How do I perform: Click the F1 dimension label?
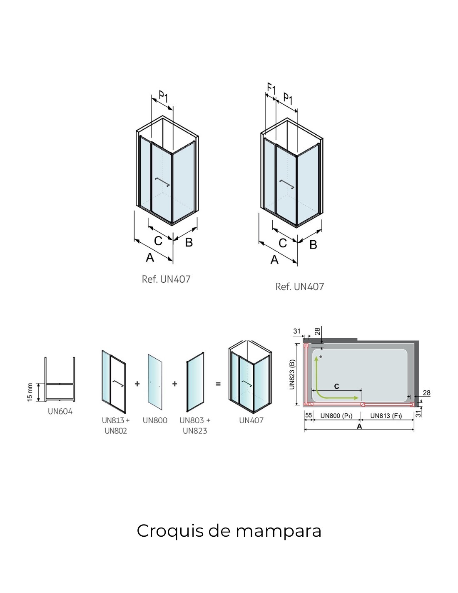pos(271,89)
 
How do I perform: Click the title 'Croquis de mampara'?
pos(229,531)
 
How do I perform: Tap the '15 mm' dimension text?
pos(30,393)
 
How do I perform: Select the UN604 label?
pos(60,412)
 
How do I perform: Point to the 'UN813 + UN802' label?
pos(116,425)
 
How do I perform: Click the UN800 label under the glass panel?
pos(155,420)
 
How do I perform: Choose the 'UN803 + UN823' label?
pos(195,425)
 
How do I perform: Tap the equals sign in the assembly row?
pos(218,384)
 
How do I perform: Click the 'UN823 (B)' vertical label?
pos(292,374)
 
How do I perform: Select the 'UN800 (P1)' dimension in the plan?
pos(336,415)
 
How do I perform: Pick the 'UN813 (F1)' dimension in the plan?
pos(386,415)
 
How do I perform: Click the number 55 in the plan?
pos(309,415)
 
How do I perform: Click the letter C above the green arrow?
pos(336,387)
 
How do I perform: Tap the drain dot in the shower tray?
pos(321,357)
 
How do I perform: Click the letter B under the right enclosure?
pos(314,244)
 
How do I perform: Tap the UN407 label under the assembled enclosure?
pos(251,420)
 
